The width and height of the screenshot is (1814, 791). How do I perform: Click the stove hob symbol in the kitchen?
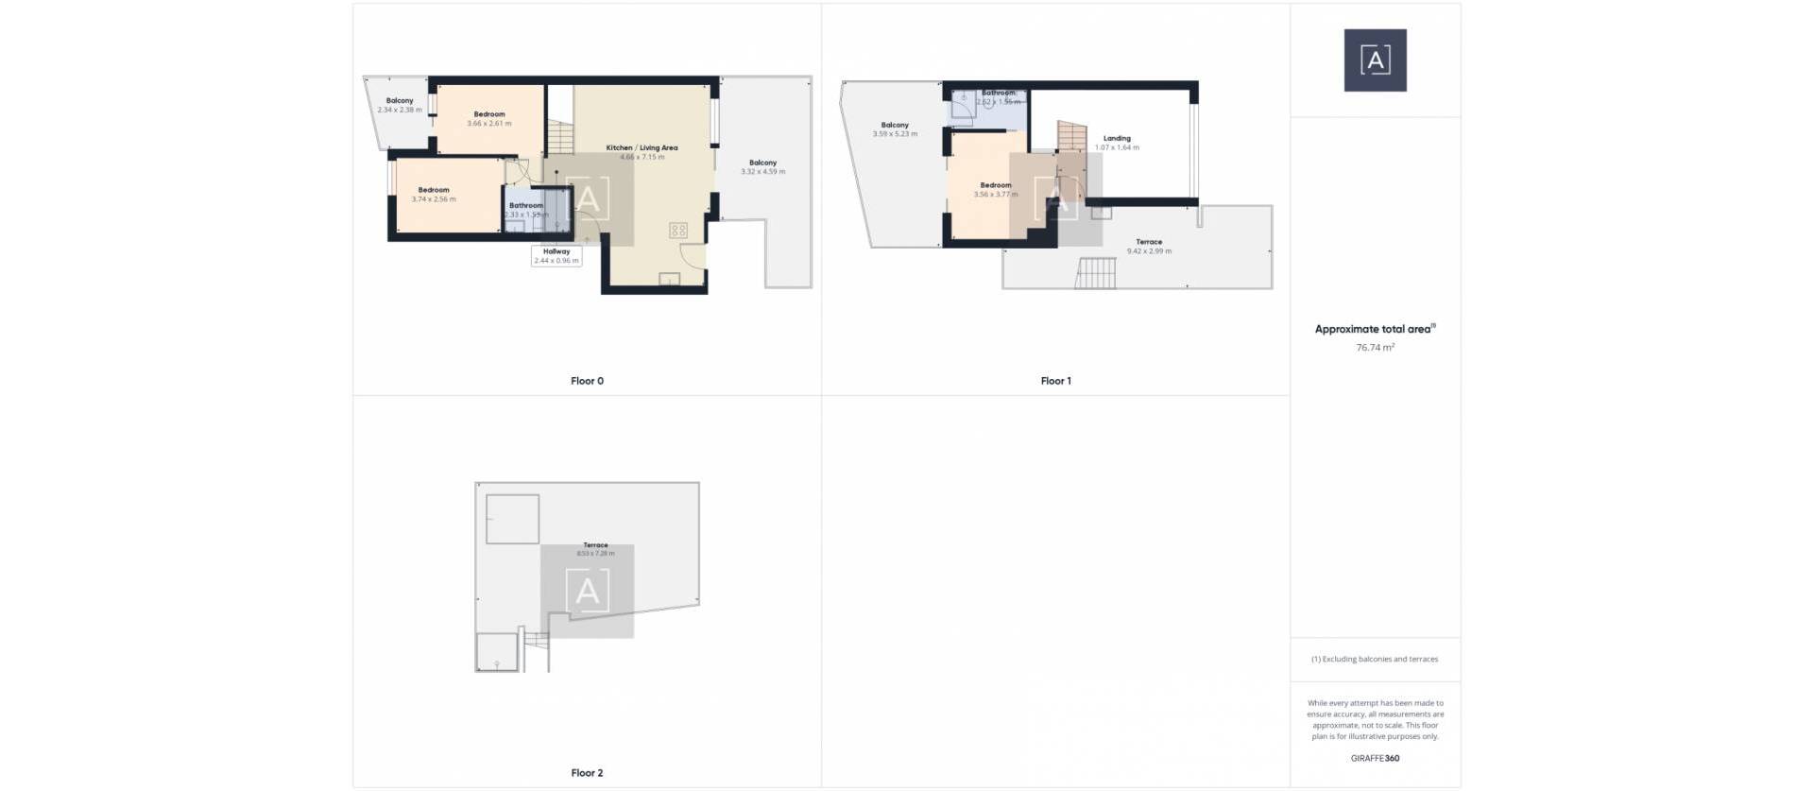(677, 230)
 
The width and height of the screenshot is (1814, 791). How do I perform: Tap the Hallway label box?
(556, 256)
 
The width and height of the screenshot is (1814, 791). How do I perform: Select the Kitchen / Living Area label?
(642, 147)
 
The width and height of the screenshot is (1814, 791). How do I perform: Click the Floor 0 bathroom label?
(526, 205)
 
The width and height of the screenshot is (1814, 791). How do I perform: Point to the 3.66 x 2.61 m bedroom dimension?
(489, 124)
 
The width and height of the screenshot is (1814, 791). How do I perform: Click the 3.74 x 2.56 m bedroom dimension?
(434, 199)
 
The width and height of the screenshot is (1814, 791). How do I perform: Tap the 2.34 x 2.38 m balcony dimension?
(400, 111)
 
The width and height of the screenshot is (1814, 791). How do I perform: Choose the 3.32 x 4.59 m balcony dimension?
(762, 172)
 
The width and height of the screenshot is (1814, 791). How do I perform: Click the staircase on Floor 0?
(560, 138)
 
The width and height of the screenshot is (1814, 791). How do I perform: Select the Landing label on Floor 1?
(1117, 138)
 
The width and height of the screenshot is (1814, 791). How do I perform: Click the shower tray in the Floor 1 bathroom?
(963, 107)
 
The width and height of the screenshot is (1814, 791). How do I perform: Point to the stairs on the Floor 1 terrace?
(1096, 273)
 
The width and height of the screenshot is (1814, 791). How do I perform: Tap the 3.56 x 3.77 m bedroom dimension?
(996, 195)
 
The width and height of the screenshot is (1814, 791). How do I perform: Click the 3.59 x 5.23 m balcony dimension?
(895, 134)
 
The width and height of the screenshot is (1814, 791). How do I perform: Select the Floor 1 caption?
(1055, 381)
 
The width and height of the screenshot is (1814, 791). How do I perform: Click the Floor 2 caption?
(587, 773)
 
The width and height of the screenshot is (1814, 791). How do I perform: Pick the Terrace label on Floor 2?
(595, 545)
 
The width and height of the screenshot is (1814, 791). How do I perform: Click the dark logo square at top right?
(1375, 60)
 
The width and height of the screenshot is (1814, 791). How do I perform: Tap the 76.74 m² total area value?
(1375, 348)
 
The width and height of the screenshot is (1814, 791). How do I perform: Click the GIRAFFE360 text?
(1375, 758)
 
